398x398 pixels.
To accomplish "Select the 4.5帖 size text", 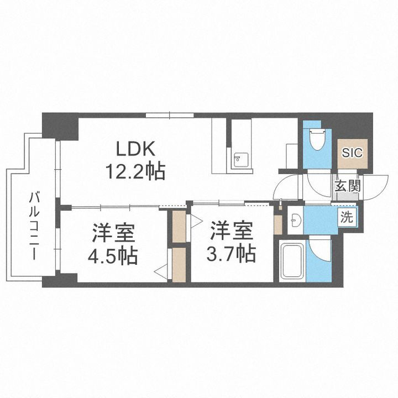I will click(114, 256).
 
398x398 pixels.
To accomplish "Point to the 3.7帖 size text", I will click(232, 254).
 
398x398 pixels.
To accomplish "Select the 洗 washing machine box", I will click(346, 217).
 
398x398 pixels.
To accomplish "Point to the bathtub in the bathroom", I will click(292, 260).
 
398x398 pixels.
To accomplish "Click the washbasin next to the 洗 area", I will click(295, 220).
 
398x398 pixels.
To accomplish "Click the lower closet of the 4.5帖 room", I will click(179, 265).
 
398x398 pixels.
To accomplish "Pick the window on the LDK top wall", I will click(170, 115).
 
